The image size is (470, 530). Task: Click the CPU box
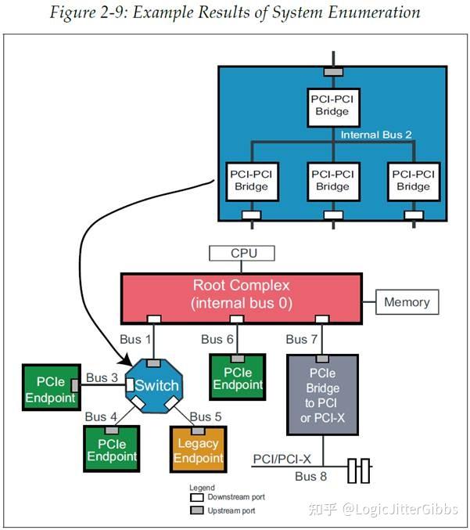(242, 254)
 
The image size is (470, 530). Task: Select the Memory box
(406, 301)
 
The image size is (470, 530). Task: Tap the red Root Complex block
(241, 294)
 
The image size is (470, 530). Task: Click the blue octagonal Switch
(156, 385)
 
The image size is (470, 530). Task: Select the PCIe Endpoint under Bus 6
(238, 377)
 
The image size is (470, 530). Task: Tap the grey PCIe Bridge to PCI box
(322, 395)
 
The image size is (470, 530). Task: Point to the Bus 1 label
(136, 339)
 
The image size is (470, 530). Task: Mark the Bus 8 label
(310, 475)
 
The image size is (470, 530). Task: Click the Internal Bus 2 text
(376, 135)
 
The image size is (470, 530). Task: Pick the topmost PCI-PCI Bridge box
(332, 105)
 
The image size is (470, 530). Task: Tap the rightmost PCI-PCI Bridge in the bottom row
(413, 180)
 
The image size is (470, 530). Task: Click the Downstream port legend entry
(227, 497)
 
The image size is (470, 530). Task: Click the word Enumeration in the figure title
(368, 13)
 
